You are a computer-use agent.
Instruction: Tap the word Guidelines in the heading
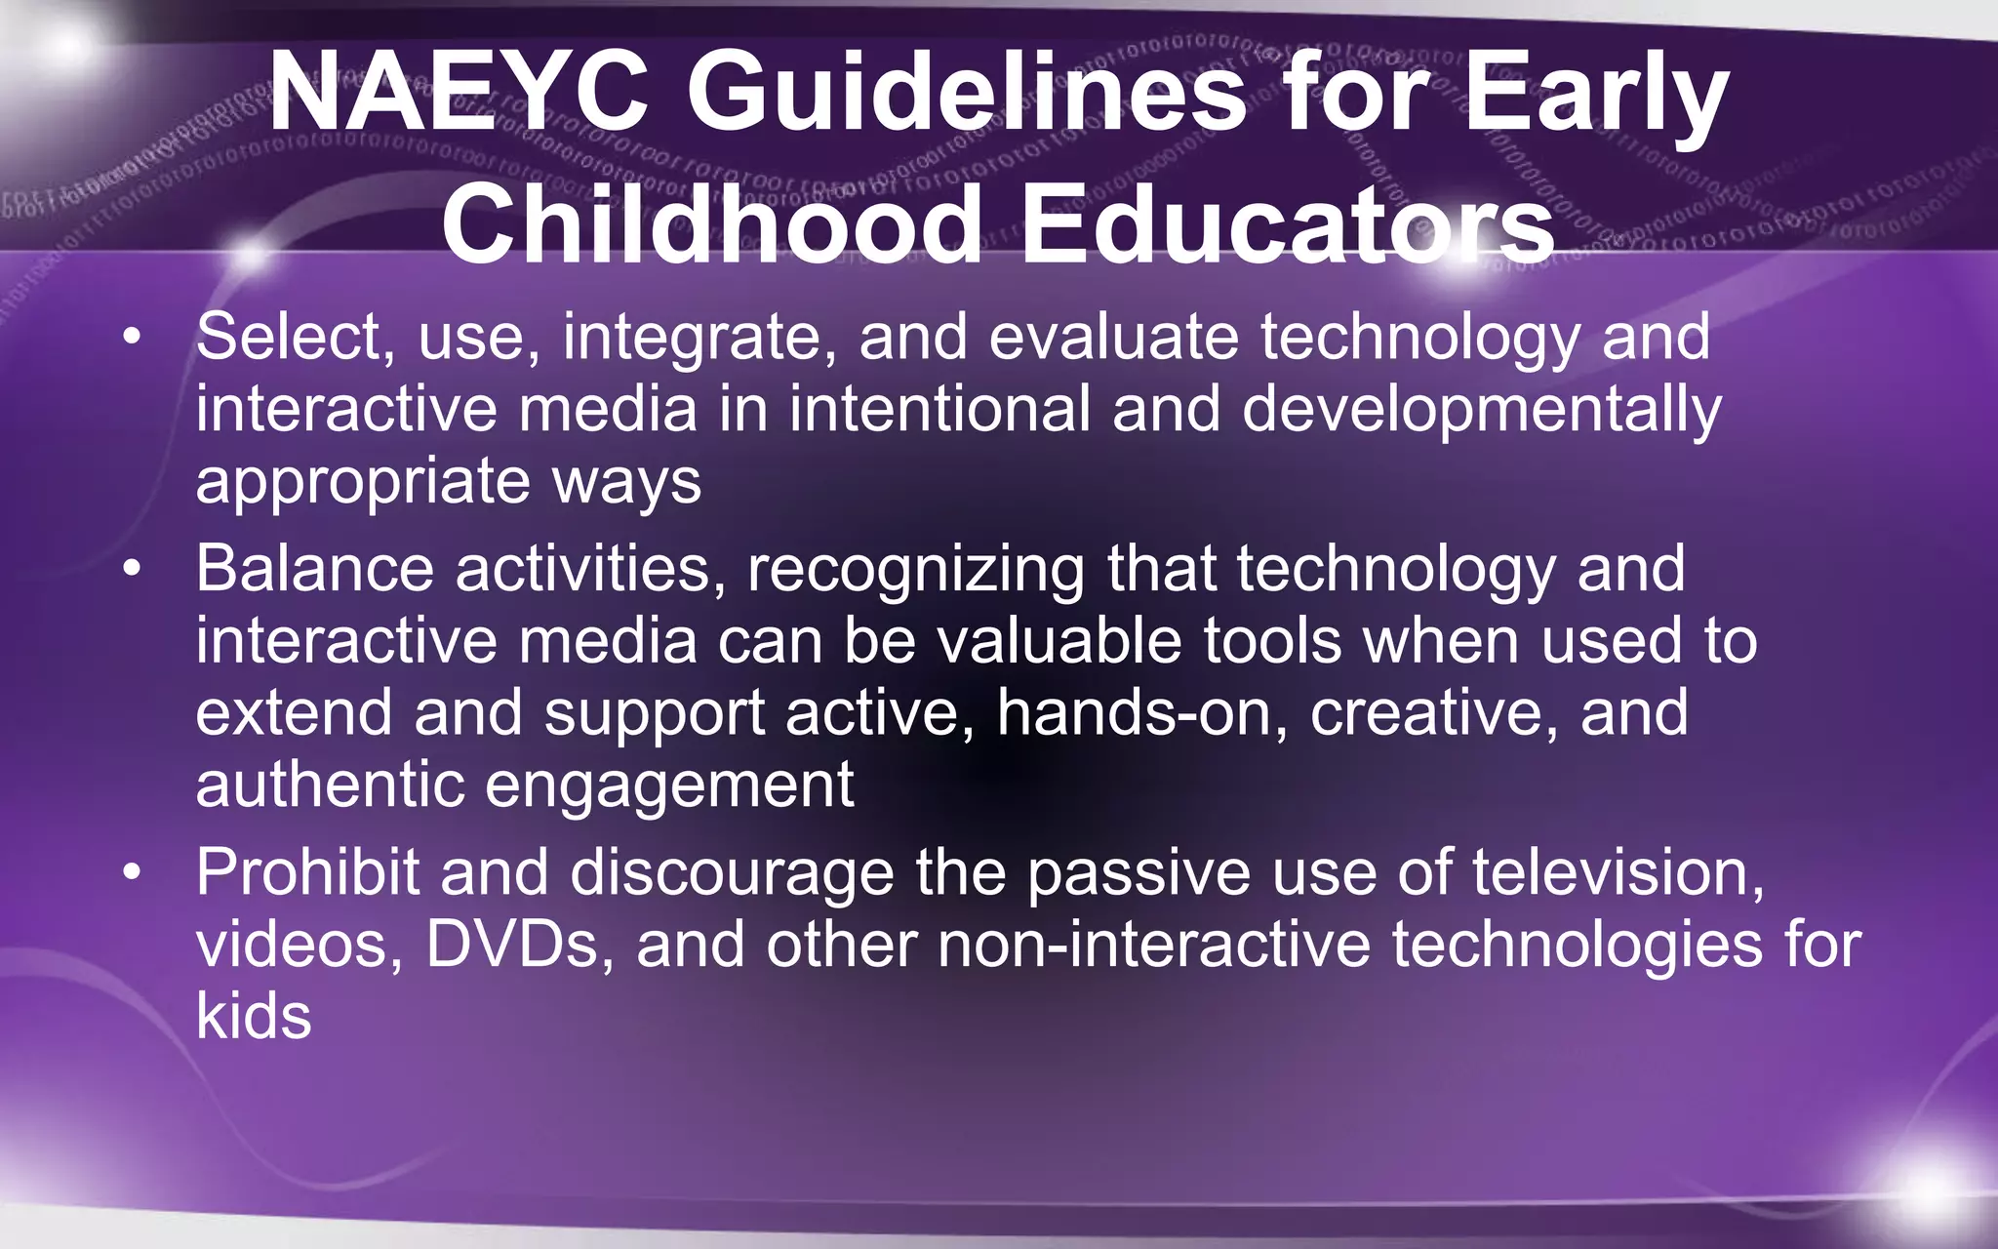tap(966, 93)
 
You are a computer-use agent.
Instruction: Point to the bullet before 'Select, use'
tap(133, 338)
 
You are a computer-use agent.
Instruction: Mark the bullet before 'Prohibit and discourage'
tap(133, 872)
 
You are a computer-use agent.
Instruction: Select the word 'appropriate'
tap(362, 482)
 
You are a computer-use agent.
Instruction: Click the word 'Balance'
tap(314, 568)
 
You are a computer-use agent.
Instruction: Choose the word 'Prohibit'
tap(307, 870)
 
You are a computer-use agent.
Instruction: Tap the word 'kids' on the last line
tap(254, 1016)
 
